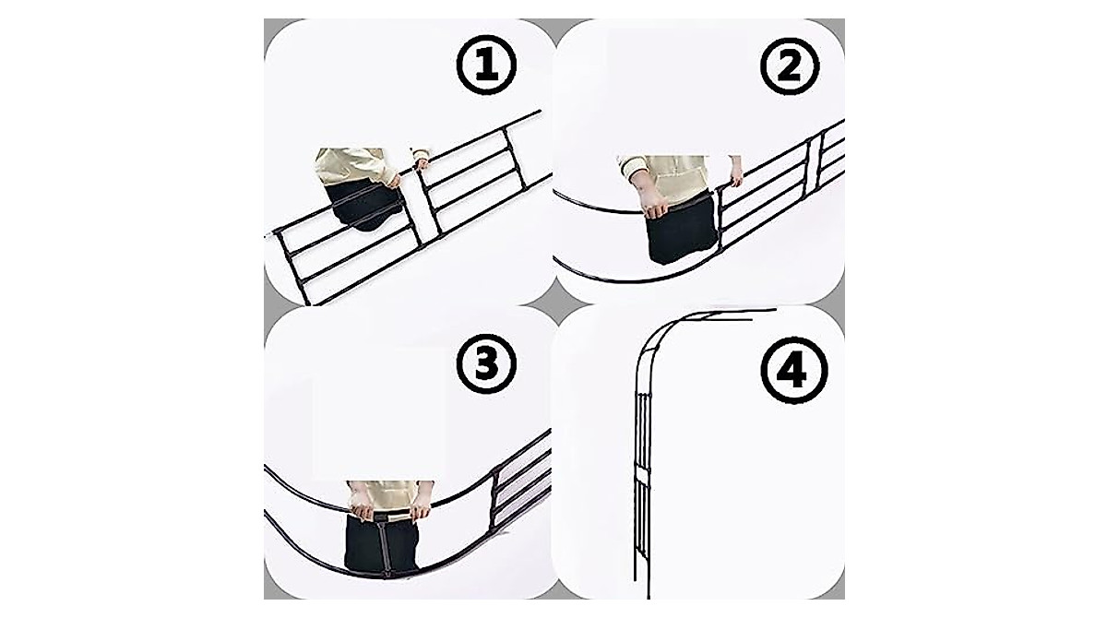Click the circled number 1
[x=486, y=65]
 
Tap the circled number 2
[x=790, y=65]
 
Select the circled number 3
[x=486, y=363]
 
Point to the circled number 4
[x=793, y=371]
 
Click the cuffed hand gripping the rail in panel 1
[x=422, y=160]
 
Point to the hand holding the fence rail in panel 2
[x=734, y=175]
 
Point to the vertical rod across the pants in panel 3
[x=383, y=547]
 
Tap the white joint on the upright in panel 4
[x=642, y=477]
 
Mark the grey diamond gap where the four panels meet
[x=554, y=304]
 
